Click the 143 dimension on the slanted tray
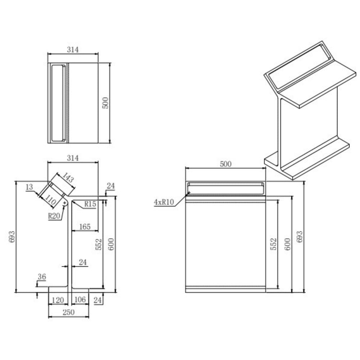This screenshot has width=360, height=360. pos(68,177)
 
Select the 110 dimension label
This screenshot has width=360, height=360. pos(50,200)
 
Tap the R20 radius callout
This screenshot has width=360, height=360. pos(54,216)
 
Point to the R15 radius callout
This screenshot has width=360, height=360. pos(90,204)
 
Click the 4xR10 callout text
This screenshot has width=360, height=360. pos(164,202)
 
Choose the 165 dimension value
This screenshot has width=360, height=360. pos(85,227)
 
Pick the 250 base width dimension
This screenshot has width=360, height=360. pos(69,312)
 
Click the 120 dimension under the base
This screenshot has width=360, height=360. pos(58,300)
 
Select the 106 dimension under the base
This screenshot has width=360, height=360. pos(80,300)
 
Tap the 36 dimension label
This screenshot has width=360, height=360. pos(42,277)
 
